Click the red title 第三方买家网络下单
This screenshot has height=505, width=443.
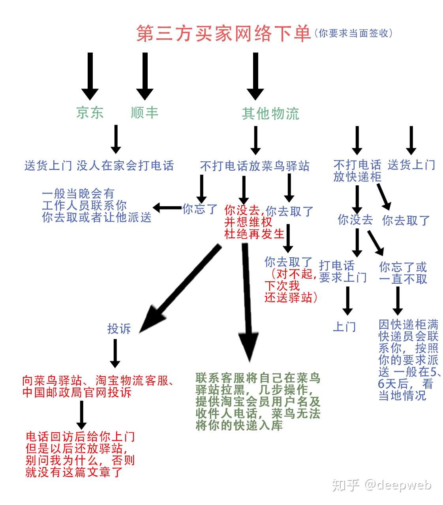coord(223,34)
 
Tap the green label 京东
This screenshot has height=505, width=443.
coord(90,113)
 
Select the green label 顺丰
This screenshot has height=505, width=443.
coord(145,113)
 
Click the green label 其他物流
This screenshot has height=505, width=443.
coord(270,114)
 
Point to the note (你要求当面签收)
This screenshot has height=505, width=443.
coord(353,34)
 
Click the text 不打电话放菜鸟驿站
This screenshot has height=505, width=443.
coord(255,166)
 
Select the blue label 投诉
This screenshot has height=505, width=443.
coord(119,328)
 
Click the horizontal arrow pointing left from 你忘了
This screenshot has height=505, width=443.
coord(167,207)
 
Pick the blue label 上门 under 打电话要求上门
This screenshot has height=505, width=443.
coord(345,327)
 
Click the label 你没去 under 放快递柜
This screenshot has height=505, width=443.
coord(355,220)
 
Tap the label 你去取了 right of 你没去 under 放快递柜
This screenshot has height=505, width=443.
coord(406,220)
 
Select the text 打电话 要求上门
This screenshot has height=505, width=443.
coord(343,271)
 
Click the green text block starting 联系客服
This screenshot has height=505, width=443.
coord(258,401)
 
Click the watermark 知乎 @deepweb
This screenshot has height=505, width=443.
coord(381,485)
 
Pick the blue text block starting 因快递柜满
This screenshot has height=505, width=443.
coord(409,360)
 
